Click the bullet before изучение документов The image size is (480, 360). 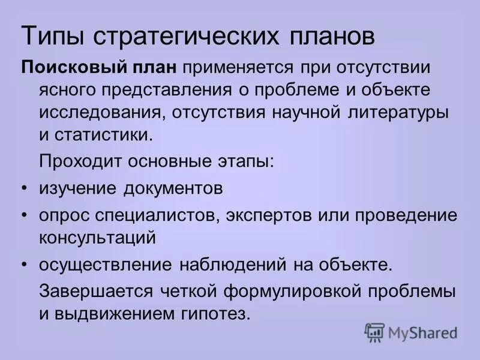(24, 188)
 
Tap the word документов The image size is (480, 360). (174, 188)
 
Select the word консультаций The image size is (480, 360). (97, 238)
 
